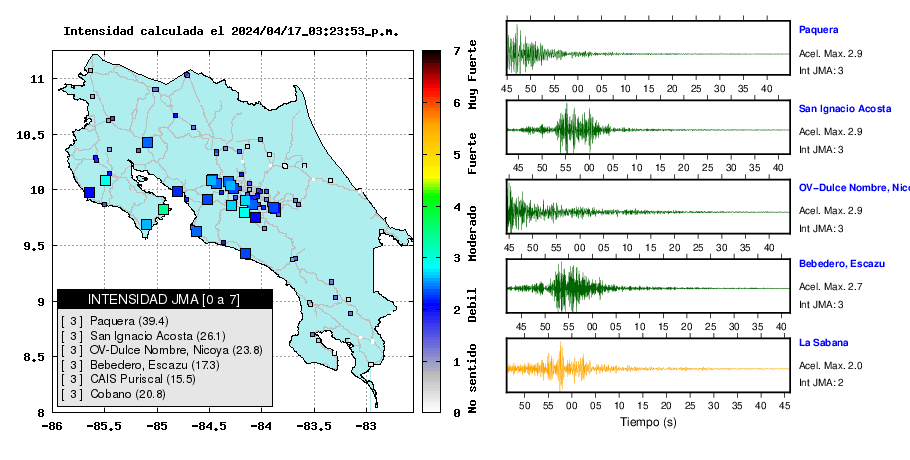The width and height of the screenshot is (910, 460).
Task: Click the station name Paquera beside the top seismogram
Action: click(x=818, y=30)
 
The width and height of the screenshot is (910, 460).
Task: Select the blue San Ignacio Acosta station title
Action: click(x=845, y=108)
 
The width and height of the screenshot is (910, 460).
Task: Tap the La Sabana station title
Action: click(x=824, y=342)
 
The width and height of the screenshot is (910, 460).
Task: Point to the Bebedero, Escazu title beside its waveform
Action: click(x=842, y=264)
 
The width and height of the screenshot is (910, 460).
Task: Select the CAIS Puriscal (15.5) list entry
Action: click(x=143, y=379)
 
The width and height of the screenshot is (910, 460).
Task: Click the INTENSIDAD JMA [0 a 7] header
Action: click(x=164, y=299)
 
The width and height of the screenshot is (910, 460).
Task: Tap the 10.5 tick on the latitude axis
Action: click(x=31, y=135)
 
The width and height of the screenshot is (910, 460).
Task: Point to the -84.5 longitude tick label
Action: click(x=210, y=427)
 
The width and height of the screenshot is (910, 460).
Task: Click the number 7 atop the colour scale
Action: click(x=457, y=51)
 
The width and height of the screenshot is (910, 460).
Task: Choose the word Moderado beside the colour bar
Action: click(x=473, y=233)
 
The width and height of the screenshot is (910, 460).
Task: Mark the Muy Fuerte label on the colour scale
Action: click(x=473, y=75)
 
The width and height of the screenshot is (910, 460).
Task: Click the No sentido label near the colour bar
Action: click(x=473, y=378)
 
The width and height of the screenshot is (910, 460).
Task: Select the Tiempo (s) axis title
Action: click(x=648, y=422)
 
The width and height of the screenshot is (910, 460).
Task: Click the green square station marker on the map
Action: click(x=163, y=209)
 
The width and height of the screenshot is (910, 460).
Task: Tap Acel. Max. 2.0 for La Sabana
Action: click(x=830, y=365)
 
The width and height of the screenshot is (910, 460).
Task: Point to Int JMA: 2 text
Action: click(x=821, y=383)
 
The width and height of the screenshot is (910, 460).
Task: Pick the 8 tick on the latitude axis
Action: click(x=42, y=413)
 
